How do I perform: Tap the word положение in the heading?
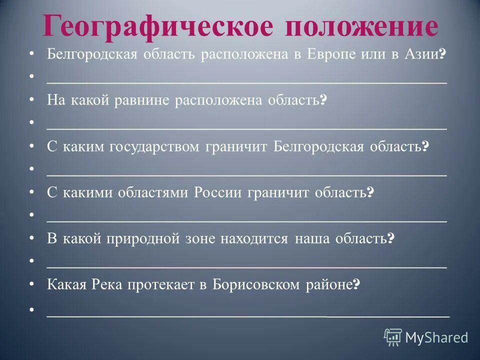[361, 26]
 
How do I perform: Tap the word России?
[218, 192]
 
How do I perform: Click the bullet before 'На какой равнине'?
[32, 100]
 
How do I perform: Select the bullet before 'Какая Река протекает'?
[32, 284]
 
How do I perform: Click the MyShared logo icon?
[393, 337]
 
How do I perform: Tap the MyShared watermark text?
[436, 337]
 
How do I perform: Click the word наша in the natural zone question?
[311, 238]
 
